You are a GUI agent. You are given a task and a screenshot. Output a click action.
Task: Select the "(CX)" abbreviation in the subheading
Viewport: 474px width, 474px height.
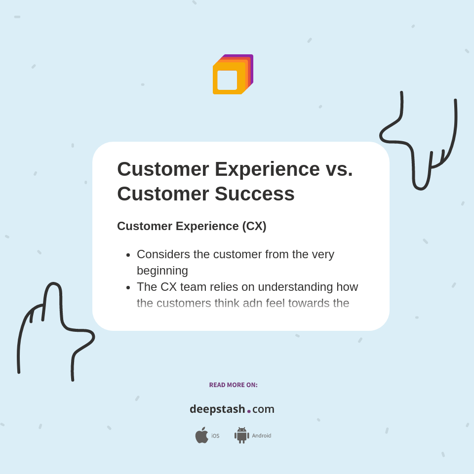pos(254,226)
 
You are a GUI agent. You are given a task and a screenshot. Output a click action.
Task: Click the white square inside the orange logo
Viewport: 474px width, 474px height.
pos(227,80)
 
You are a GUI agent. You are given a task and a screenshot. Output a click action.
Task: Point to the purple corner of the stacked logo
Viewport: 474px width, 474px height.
pos(251,57)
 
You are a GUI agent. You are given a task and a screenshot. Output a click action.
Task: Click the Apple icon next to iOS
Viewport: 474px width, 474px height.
pos(201,435)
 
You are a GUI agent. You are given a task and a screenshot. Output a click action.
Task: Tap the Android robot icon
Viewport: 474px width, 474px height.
pos(241,435)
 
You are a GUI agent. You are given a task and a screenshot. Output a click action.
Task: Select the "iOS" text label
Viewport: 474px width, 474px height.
pos(215,436)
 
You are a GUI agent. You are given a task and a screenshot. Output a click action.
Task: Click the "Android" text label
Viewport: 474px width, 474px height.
pos(261,436)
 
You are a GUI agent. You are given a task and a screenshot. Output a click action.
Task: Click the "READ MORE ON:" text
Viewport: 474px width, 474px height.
pos(233,385)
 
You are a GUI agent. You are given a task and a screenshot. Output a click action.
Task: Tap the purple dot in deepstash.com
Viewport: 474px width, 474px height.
pos(249,411)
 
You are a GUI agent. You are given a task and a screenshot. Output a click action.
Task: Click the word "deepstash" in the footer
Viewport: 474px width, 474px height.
pos(217,409)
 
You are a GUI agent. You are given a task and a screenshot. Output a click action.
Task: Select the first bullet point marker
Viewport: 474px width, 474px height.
pos(128,255)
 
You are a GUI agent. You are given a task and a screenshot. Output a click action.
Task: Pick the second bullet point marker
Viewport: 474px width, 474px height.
pos(128,287)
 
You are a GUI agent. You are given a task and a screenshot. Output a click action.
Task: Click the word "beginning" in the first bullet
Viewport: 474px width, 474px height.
pos(162,271)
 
